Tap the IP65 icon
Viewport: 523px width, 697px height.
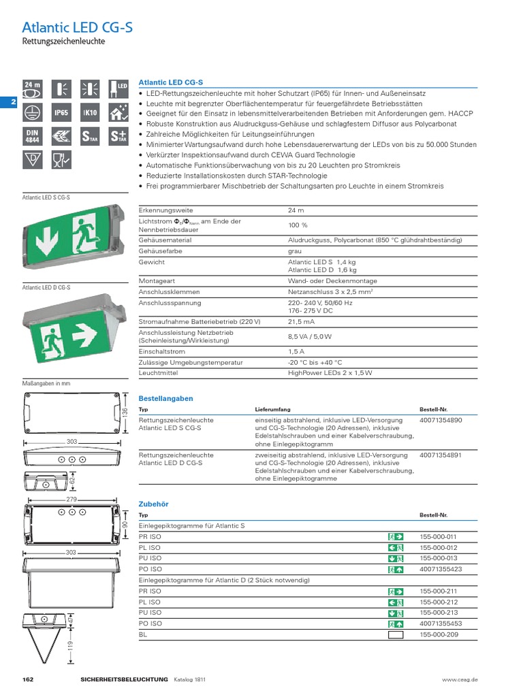tap(61, 112)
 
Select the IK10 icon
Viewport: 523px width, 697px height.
tap(90, 112)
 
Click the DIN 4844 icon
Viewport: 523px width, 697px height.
tap(33, 135)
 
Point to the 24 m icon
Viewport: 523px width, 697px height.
tap(33, 88)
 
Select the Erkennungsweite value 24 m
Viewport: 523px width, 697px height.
tap(296, 210)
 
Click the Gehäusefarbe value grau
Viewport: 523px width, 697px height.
tap(295, 250)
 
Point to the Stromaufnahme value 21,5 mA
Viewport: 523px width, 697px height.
tap(301, 321)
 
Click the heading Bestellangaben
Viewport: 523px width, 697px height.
tap(165, 398)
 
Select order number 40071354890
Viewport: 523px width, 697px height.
tap(441, 421)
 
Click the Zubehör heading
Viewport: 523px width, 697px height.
tap(153, 504)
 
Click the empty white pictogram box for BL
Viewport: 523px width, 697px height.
tap(396, 634)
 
